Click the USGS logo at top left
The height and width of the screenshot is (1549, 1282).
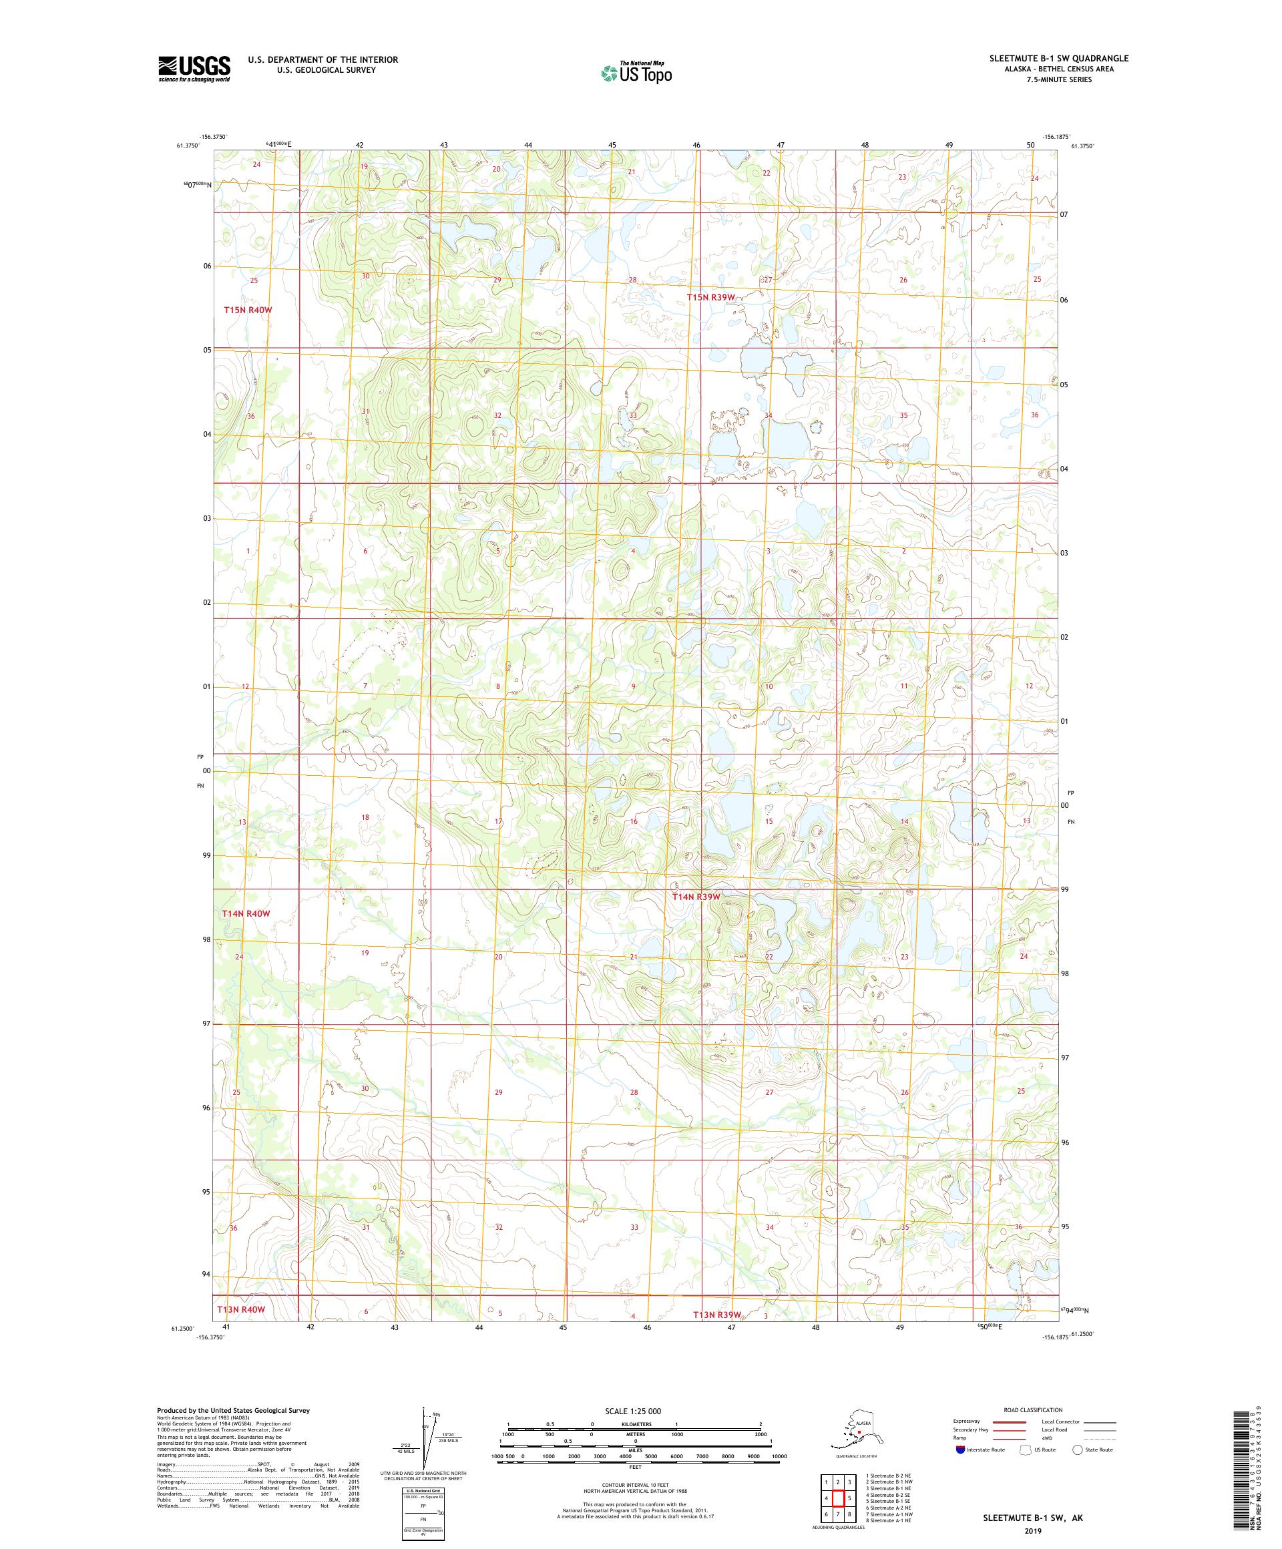click(x=193, y=69)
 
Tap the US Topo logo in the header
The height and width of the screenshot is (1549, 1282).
click(x=636, y=72)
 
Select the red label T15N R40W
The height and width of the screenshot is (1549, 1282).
click(x=248, y=310)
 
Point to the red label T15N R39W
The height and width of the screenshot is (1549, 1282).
click(x=711, y=297)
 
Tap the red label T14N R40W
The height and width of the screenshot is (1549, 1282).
click(x=246, y=913)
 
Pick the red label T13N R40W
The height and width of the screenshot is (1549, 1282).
click(x=240, y=1309)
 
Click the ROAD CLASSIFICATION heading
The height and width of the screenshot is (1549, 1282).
click(x=1033, y=1409)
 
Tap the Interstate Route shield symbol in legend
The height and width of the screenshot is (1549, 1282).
click(x=959, y=1450)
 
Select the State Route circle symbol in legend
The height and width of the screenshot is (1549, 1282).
click(x=1077, y=1450)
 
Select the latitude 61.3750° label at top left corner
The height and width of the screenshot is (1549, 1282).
click(x=188, y=146)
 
